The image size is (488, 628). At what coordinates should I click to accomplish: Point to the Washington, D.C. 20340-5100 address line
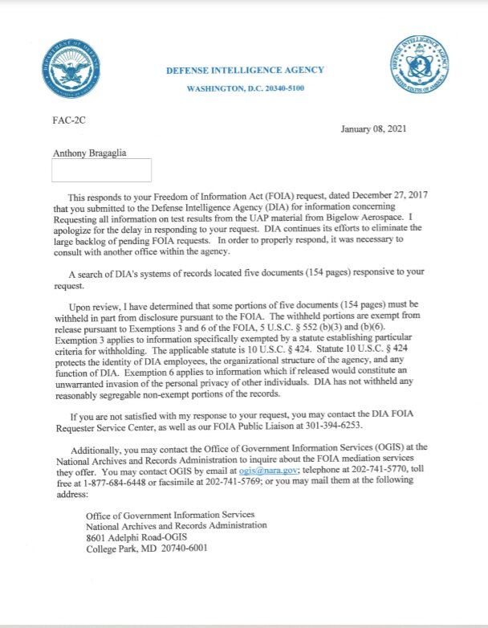(245, 88)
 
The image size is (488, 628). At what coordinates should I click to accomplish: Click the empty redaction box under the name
(101, 170)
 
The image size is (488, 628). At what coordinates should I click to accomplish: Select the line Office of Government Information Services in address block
(170, 513)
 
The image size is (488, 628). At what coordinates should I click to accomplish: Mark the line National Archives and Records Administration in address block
(176, 525)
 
